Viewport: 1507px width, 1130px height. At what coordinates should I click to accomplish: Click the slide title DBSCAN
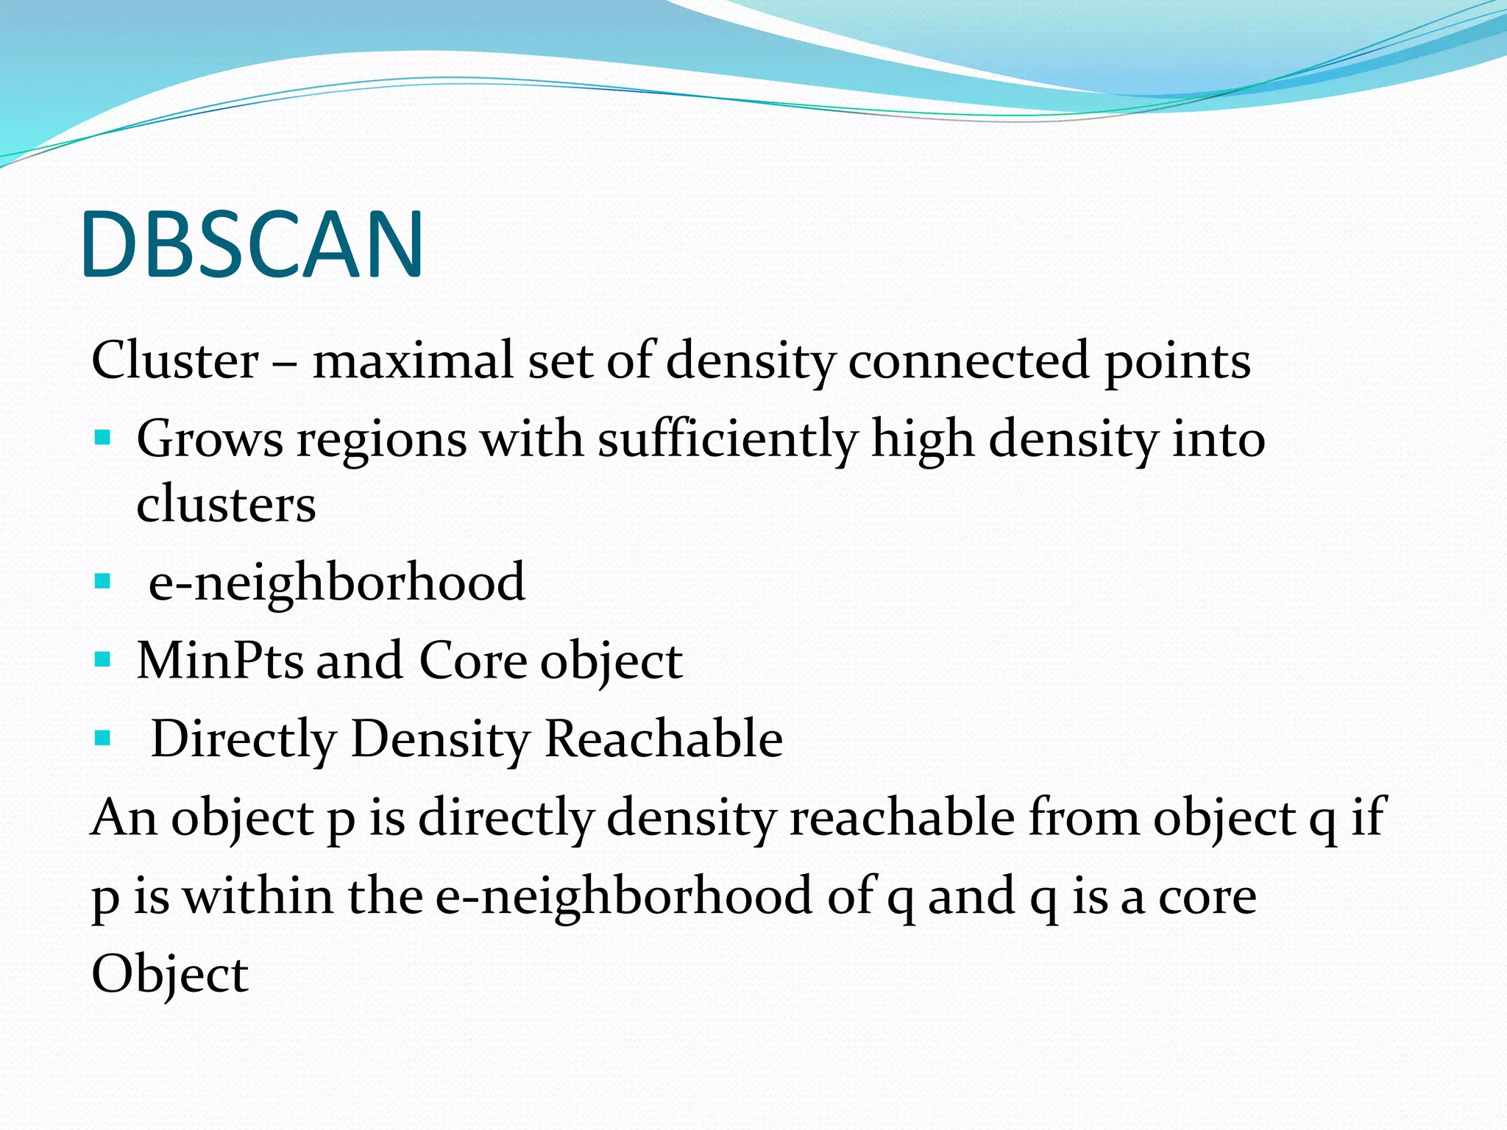252,244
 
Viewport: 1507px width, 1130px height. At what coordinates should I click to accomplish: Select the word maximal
413,360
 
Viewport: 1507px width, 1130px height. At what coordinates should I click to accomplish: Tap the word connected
968,360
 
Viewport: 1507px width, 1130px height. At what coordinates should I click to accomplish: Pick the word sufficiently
727,440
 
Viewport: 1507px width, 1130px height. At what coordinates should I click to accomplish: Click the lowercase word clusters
226,505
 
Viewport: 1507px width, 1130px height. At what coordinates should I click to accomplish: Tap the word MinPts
220,660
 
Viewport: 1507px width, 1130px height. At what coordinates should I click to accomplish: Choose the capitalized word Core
472,660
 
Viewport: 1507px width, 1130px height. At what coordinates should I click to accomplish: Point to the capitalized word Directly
244,739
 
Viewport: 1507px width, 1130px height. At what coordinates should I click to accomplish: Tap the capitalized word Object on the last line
170,975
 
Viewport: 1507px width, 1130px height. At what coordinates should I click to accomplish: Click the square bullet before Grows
102,439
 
